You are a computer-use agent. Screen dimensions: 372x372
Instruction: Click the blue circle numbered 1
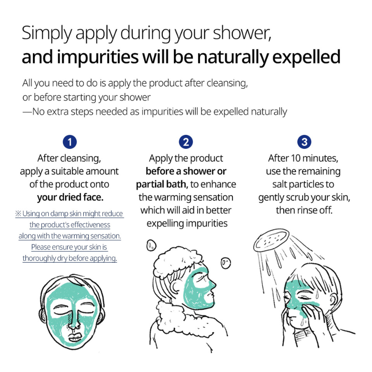(x=70, y=142)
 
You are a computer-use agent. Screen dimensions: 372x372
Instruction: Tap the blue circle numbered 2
(x=186, y=142)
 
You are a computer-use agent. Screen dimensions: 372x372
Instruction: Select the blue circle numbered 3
(x=304, y=142)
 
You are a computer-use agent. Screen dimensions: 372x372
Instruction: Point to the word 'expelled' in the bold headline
(x=306, y=57)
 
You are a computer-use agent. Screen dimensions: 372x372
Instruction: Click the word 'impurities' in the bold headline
(x=98, y=57)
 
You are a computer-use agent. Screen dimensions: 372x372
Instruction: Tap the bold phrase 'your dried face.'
(x=70, y=197)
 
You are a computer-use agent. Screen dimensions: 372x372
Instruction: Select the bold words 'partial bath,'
(x=162, y=184)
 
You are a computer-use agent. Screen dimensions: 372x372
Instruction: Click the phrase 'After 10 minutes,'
(x=303, y=158)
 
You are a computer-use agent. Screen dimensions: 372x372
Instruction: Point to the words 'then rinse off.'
(x=304, y=210)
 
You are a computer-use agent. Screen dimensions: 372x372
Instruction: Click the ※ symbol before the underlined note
(x=18, y=213)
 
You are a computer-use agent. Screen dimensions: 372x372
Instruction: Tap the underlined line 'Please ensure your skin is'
(x=69, y=247)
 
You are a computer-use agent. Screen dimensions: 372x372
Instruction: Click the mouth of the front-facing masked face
(x=75, y=337)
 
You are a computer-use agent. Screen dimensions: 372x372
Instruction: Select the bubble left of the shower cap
(x=152, y=245)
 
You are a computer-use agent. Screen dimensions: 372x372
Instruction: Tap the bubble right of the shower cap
(x=226, y=263)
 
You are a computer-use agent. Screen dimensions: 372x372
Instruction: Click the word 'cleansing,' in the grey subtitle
(x=227, y=83)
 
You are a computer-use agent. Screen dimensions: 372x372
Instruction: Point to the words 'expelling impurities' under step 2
(x=187, y=224)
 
